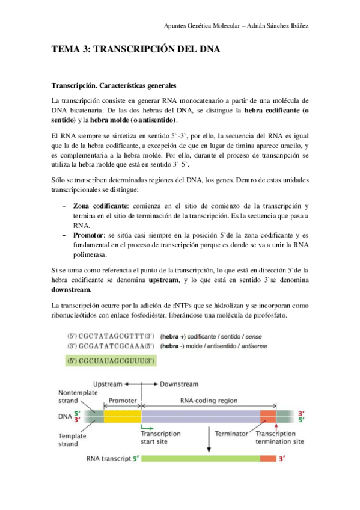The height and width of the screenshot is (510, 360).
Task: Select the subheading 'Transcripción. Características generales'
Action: [x=114, y=85]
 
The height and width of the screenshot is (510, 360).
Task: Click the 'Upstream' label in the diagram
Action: [x=108, y=383]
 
